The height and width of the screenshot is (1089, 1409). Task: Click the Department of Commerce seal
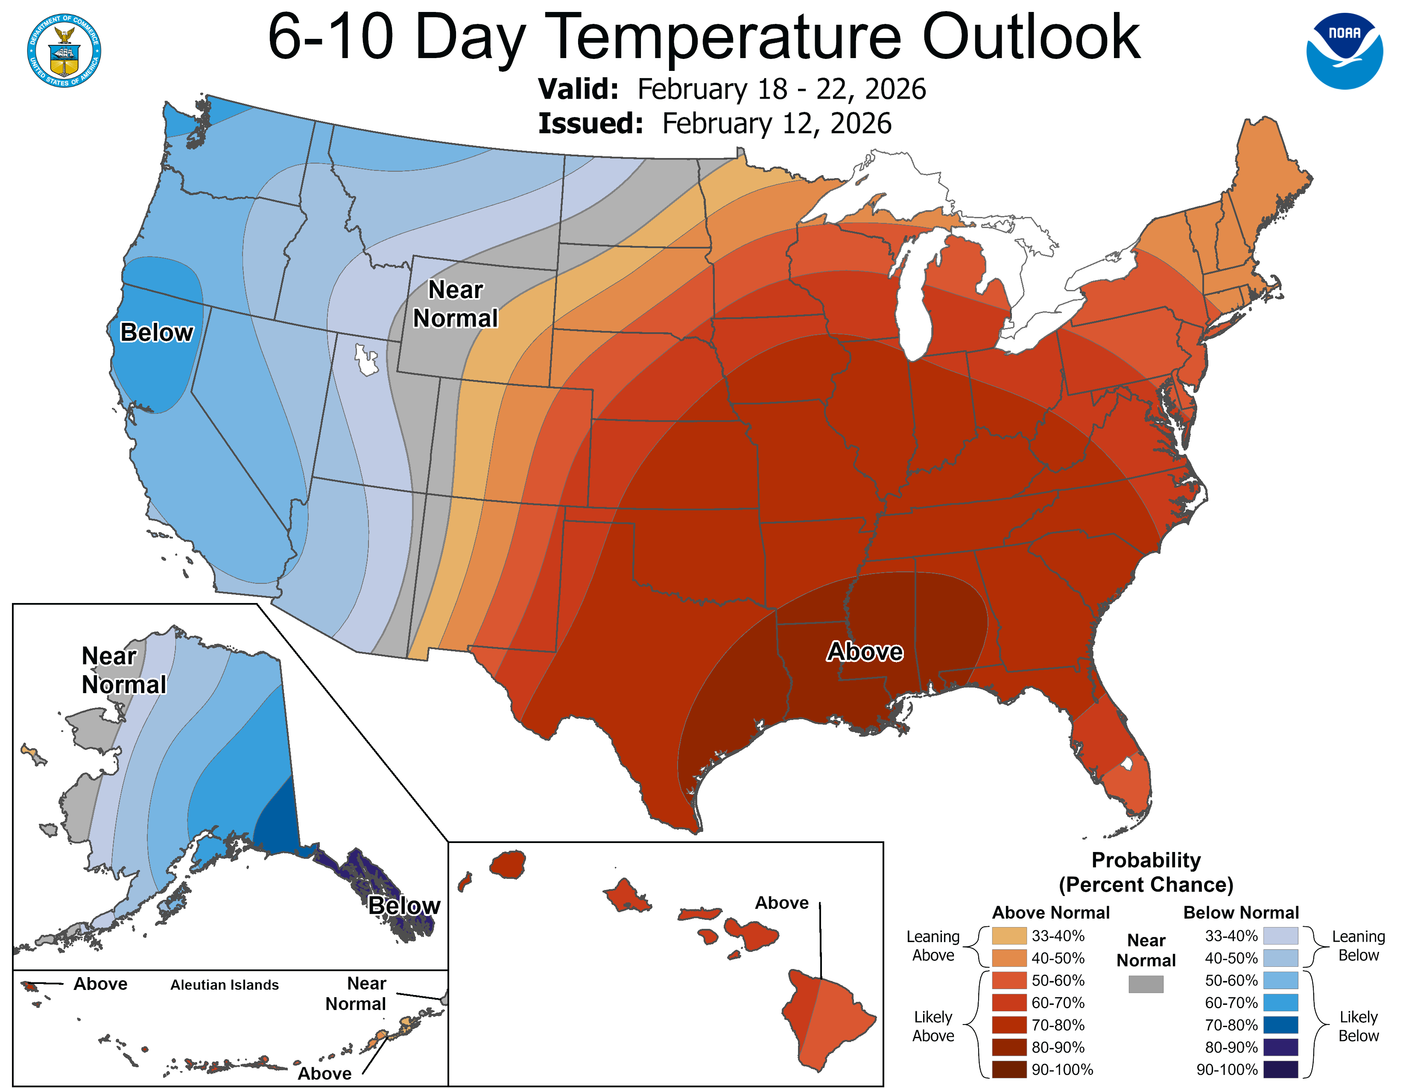coord(64,50)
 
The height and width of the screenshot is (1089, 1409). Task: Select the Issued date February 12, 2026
coord(776,123)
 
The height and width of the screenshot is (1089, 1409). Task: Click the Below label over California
coord(156,332)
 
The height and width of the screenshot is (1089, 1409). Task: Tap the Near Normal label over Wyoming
coord(456,304)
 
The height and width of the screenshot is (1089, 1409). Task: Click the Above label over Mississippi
coord(865,652)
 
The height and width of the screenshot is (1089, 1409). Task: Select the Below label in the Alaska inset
coord(404,906)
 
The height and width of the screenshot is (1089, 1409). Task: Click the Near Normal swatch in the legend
coord(1146,984)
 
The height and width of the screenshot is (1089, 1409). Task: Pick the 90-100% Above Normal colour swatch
coord(1009,1070)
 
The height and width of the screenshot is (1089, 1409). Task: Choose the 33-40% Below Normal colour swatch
coord(1280,935)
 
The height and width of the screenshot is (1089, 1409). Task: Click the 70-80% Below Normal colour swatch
coord(1280,1025)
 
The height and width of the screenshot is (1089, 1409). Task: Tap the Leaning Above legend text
coord(933,946)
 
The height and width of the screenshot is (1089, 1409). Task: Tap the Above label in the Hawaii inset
coord(781,902)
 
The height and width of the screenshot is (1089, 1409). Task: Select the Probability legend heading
coord(1146,860)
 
